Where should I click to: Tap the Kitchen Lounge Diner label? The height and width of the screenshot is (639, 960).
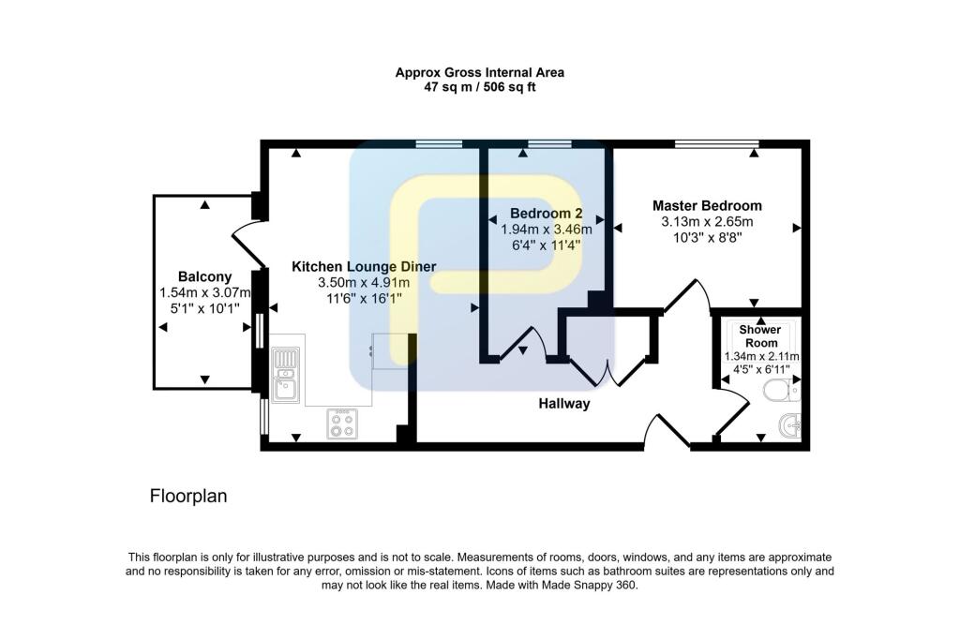coord(364,266)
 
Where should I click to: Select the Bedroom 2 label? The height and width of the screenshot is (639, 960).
coord(547,213)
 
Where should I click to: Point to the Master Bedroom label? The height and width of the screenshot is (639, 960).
coord(707,205)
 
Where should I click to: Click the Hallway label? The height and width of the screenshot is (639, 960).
coord(563,404)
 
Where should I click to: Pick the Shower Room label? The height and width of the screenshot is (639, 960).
coord(759,336)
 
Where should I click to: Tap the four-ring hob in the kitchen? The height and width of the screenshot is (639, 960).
coord(339,424)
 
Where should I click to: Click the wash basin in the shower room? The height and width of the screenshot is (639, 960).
coord(791,427)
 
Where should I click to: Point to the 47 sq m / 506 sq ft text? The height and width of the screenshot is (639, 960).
coord(479,87)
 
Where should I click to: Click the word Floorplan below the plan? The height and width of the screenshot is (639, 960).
coord(188,497)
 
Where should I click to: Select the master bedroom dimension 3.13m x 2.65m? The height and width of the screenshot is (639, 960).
coord(707,222)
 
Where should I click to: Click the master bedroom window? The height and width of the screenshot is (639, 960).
coord(715,143)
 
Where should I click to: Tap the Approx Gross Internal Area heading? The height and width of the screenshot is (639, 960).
coord(479,72)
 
